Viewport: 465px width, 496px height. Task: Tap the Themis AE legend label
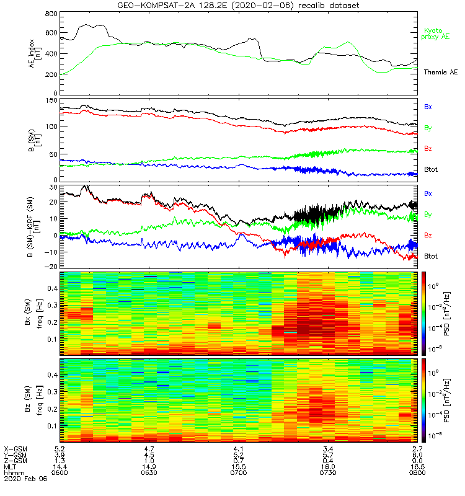440,73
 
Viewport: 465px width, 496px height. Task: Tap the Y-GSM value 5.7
329,454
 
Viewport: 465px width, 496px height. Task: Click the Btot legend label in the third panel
432,256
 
